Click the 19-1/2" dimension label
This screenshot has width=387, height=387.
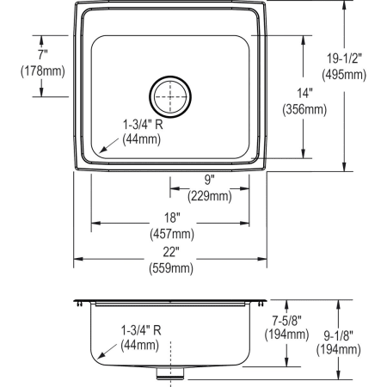345,58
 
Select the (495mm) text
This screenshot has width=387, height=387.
345,74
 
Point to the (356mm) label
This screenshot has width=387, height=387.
304,109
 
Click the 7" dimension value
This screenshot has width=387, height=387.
40,54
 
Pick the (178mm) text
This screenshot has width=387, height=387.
41,70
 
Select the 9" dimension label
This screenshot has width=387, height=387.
208,180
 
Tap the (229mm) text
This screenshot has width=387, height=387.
209,195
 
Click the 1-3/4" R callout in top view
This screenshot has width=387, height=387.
143,124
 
